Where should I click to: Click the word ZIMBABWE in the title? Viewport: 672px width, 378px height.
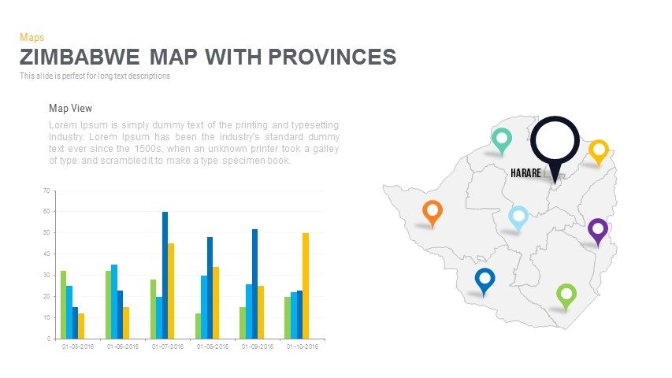click(80, 57)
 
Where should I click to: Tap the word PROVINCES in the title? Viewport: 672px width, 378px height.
click(331, 57)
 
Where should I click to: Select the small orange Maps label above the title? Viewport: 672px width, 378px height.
click(32, 37)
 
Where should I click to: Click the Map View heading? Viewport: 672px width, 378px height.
click(70, 109)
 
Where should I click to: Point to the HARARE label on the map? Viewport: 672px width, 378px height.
click(525, 172)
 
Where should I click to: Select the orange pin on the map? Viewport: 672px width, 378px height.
click(432, 211)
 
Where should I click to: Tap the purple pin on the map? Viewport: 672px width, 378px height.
click(598, 230)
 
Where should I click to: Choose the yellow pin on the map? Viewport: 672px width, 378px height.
click(599, 150)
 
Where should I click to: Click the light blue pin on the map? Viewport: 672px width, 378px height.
click(518, 216)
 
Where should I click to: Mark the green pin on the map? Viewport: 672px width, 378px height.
click(566, 295)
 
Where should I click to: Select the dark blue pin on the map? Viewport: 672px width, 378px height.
click(485, 279)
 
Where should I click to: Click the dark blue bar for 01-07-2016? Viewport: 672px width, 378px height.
click(165, 275)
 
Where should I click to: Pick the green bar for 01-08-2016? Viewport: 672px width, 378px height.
click(199, 325)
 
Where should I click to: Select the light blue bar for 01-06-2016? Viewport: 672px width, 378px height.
click(114, 301)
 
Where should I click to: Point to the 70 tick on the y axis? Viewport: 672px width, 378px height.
click(46, 191)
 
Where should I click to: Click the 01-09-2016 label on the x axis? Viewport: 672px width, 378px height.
click(258, 346)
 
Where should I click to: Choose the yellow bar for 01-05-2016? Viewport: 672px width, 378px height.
click(81, 325)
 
